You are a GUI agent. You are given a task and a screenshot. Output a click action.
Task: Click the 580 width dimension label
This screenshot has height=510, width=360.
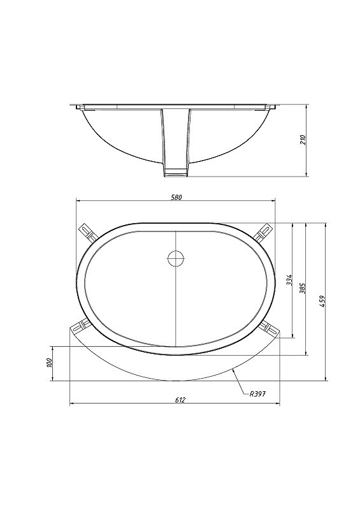176,197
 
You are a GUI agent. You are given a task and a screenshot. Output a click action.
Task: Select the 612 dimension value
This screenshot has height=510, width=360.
180,400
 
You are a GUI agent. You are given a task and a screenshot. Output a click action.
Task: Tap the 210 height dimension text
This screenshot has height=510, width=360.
303,140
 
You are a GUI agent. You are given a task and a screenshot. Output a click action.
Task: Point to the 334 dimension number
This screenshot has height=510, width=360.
290,280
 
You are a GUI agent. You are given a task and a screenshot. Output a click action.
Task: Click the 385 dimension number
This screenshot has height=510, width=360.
303,289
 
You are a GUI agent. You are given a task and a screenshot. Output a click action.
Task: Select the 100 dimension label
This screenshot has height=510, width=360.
49,363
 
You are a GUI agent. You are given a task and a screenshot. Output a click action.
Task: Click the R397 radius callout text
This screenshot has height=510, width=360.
257,394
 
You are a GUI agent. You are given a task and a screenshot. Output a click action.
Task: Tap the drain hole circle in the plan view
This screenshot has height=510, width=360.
176,259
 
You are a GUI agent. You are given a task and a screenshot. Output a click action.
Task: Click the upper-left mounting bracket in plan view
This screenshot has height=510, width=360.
87,232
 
